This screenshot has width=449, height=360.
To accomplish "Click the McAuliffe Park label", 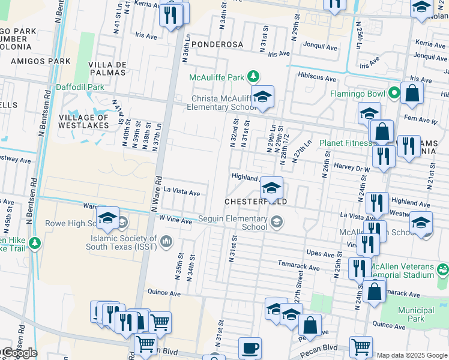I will [217, 77].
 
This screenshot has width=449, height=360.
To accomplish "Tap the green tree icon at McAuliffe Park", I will [254, 76].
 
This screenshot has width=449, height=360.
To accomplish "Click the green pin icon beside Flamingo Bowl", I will [394, 93].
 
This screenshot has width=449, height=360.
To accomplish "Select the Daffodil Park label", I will [80, 87].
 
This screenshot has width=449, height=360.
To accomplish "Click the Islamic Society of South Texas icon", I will [166, 242].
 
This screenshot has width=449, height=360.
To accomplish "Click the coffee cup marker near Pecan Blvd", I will [250, 347].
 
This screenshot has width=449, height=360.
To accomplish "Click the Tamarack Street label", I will [298, 265].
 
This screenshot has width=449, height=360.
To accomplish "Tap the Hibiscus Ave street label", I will [317, 77].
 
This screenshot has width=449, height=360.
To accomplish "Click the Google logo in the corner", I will [19, 353].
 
